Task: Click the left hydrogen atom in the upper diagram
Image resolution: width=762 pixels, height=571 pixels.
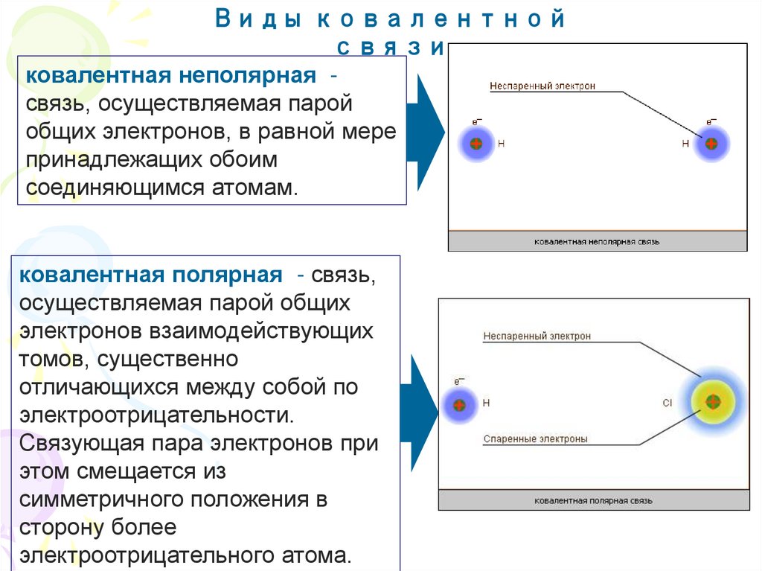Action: coord(476,143)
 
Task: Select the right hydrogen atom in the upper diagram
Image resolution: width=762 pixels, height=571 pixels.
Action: coord(711,143)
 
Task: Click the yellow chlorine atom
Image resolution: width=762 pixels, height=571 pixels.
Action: coord(712,403)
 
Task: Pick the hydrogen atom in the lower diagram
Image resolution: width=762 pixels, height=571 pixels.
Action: coord(459,405)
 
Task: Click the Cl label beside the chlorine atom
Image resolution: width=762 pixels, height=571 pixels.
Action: coord(667,403)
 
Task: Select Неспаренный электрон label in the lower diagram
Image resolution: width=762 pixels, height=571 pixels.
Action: coord(537,336)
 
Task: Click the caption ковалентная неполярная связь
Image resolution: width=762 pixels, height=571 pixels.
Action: coord(597,242)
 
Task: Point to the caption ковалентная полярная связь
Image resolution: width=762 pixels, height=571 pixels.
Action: coord(593,501)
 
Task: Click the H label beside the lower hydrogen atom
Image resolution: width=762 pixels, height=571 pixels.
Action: coord(487,403)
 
